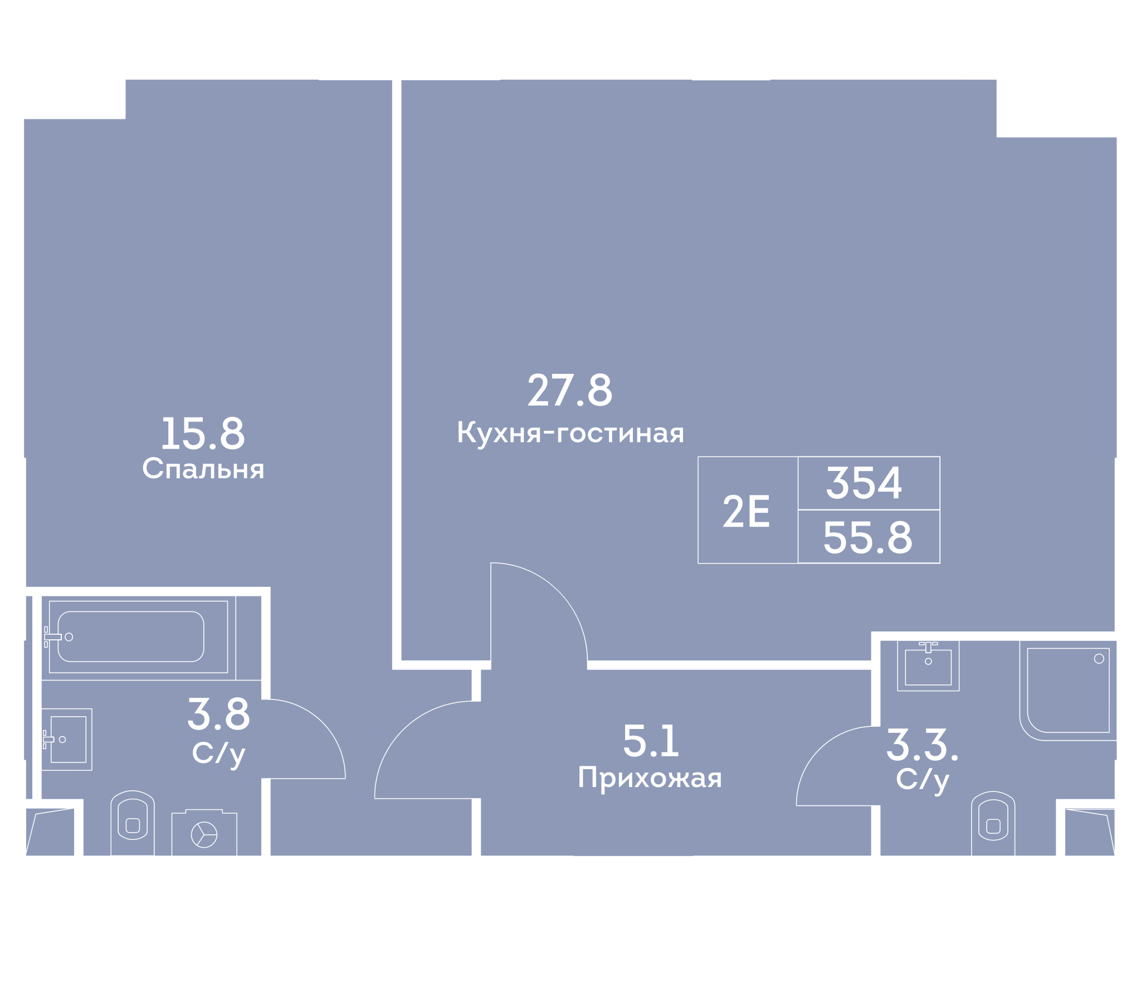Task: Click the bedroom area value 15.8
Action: coord(203,434)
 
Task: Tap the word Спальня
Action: coord(203,469)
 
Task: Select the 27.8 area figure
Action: coord(570,390)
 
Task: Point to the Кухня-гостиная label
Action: coord(570,433)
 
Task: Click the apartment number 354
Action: coord(864,483)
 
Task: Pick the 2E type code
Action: coord(747,511)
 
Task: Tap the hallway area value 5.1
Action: coord(651,741)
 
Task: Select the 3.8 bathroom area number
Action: coord(219,714)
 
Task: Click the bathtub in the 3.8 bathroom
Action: coord(138,637)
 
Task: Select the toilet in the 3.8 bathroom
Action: coord(133,823)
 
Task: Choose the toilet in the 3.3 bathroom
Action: coord(993,823)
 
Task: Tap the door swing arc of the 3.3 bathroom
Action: coord(819,749)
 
